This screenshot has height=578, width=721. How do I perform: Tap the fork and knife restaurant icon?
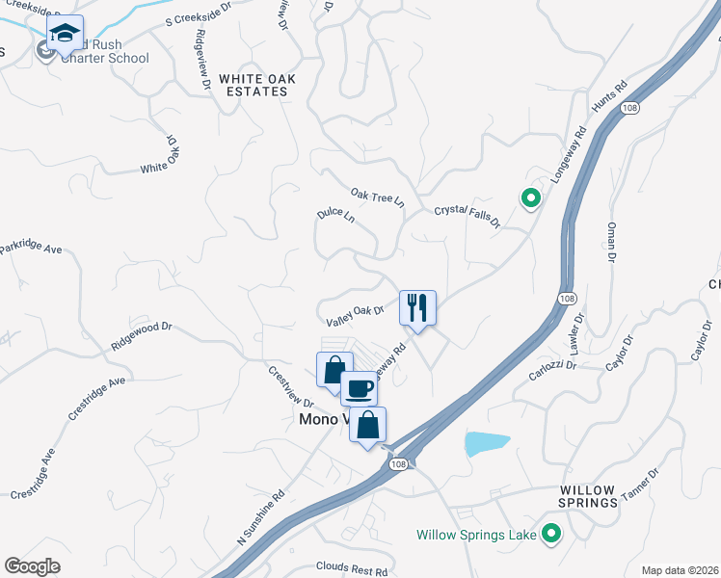tap(417, 308)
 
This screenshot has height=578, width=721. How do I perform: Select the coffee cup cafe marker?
tap(359, 389)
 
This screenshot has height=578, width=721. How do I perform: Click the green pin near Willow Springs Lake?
tap(551, 533)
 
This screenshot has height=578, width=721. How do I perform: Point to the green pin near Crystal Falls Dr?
tap(529, 199)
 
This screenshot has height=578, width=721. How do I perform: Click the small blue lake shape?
tap(486, 443)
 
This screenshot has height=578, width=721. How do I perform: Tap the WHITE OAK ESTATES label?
tap(254, 85)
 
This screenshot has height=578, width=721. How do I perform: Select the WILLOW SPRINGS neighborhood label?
tap(587, 496)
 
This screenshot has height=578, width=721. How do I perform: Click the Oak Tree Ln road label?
tap(377, 197)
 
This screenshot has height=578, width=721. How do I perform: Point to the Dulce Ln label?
tap(335, 217)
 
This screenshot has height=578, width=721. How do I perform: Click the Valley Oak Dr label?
tap(356, 312)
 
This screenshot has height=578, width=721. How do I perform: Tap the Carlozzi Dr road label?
tap(552, 365)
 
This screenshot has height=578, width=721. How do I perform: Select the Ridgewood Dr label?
tap(141, 340)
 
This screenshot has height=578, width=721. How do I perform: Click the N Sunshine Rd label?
tap(262, 521)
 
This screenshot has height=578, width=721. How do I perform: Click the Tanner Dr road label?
tap(638, 486)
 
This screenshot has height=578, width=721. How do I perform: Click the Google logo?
tap(33, 566)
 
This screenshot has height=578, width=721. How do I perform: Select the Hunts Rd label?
tap(610, 99)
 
